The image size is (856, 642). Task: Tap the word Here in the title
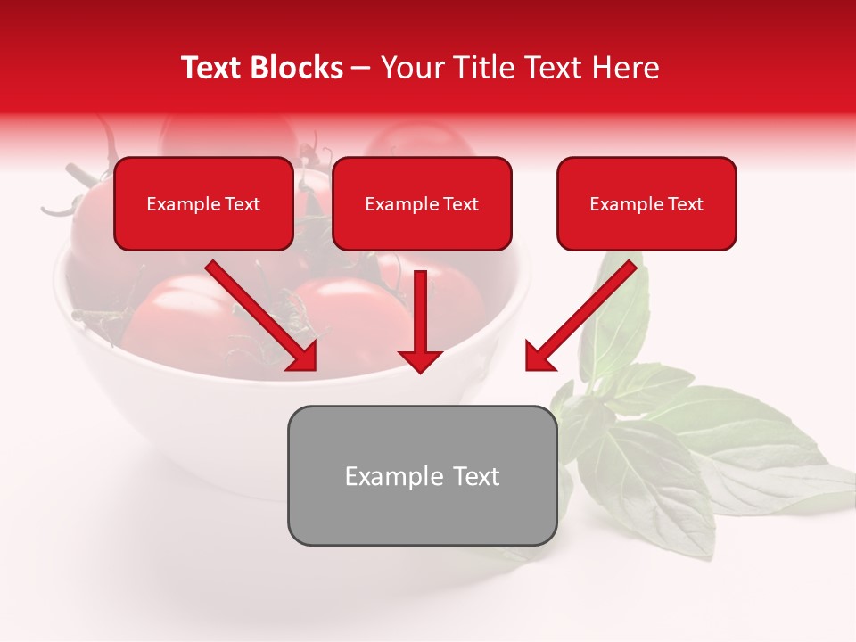(x=627, y=68)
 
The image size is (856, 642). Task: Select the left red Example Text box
(x=203, y=203)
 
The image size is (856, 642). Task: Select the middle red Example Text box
(x=422, y=203)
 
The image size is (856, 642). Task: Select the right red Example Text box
(x=646, y=203)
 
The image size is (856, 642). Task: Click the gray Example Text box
(x=422, y=475)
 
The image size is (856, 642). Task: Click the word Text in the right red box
(x=685, y=204)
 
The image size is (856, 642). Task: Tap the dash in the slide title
(x=362, y=69)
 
